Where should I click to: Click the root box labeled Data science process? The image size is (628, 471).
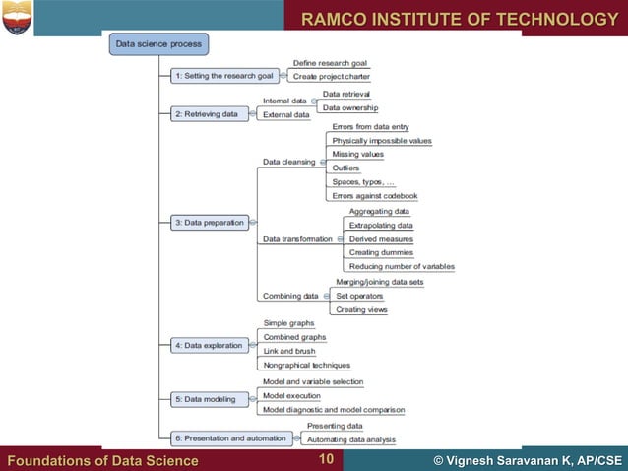coord(158,43)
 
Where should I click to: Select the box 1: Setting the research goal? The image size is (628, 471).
coord(222,75)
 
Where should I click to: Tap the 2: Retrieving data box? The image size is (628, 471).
coord(206,113)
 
